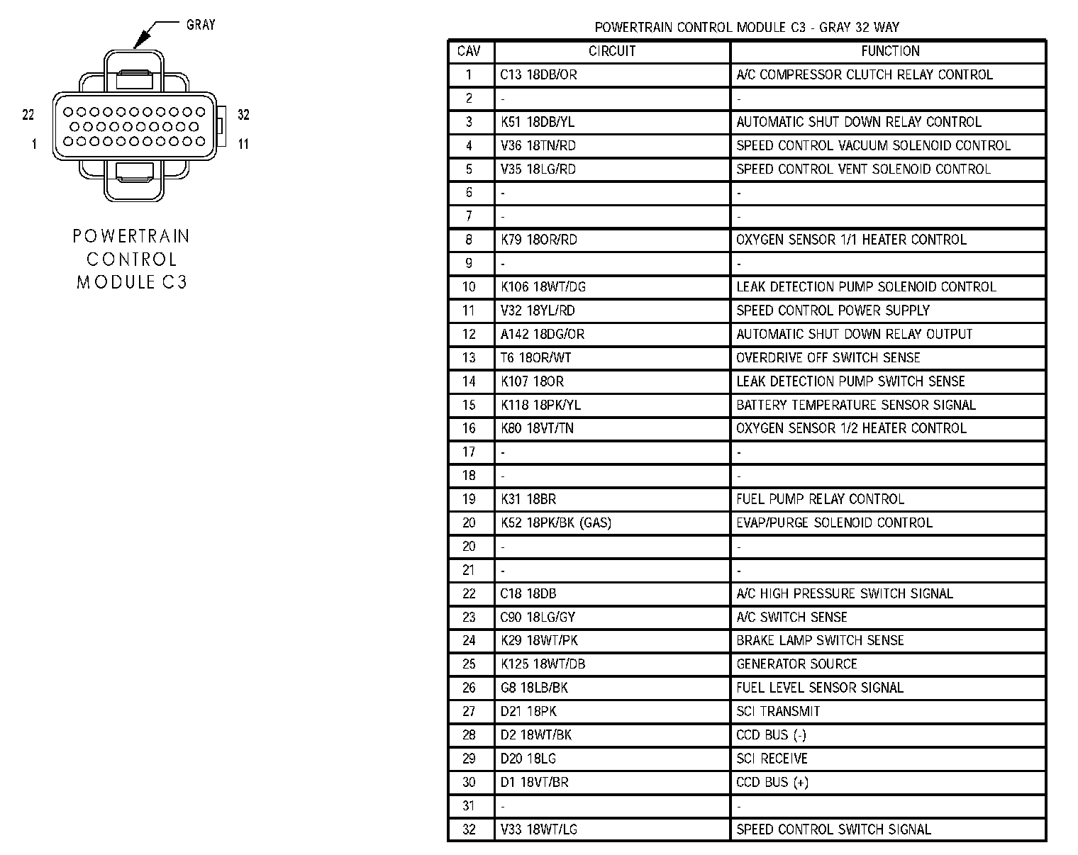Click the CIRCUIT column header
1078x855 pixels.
click(612, 51)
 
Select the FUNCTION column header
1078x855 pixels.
click(890, 51)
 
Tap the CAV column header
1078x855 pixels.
click(469, 51)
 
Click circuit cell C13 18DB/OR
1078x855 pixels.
click(538, 74)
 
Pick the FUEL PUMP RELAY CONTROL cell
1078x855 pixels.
click(820, 499)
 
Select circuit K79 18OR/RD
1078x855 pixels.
click(538, 240)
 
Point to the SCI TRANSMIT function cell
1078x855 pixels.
click(778, 711)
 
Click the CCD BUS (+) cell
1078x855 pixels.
click(772, 782)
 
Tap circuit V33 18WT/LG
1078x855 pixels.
click(538, 829)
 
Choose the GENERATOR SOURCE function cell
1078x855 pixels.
click(796, 664)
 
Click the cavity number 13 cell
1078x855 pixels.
click(469, 357)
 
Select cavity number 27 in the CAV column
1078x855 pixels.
click(469, 711)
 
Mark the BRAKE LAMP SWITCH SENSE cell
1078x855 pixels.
click(820, 640)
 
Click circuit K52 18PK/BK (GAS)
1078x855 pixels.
click(555, 522)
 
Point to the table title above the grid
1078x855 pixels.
click(747, 28)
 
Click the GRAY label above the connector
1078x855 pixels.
click(200, 25)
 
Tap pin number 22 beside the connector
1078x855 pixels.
click(28, 114)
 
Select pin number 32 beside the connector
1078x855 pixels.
click(243, 114)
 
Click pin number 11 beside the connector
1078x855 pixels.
click(243, 144)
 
